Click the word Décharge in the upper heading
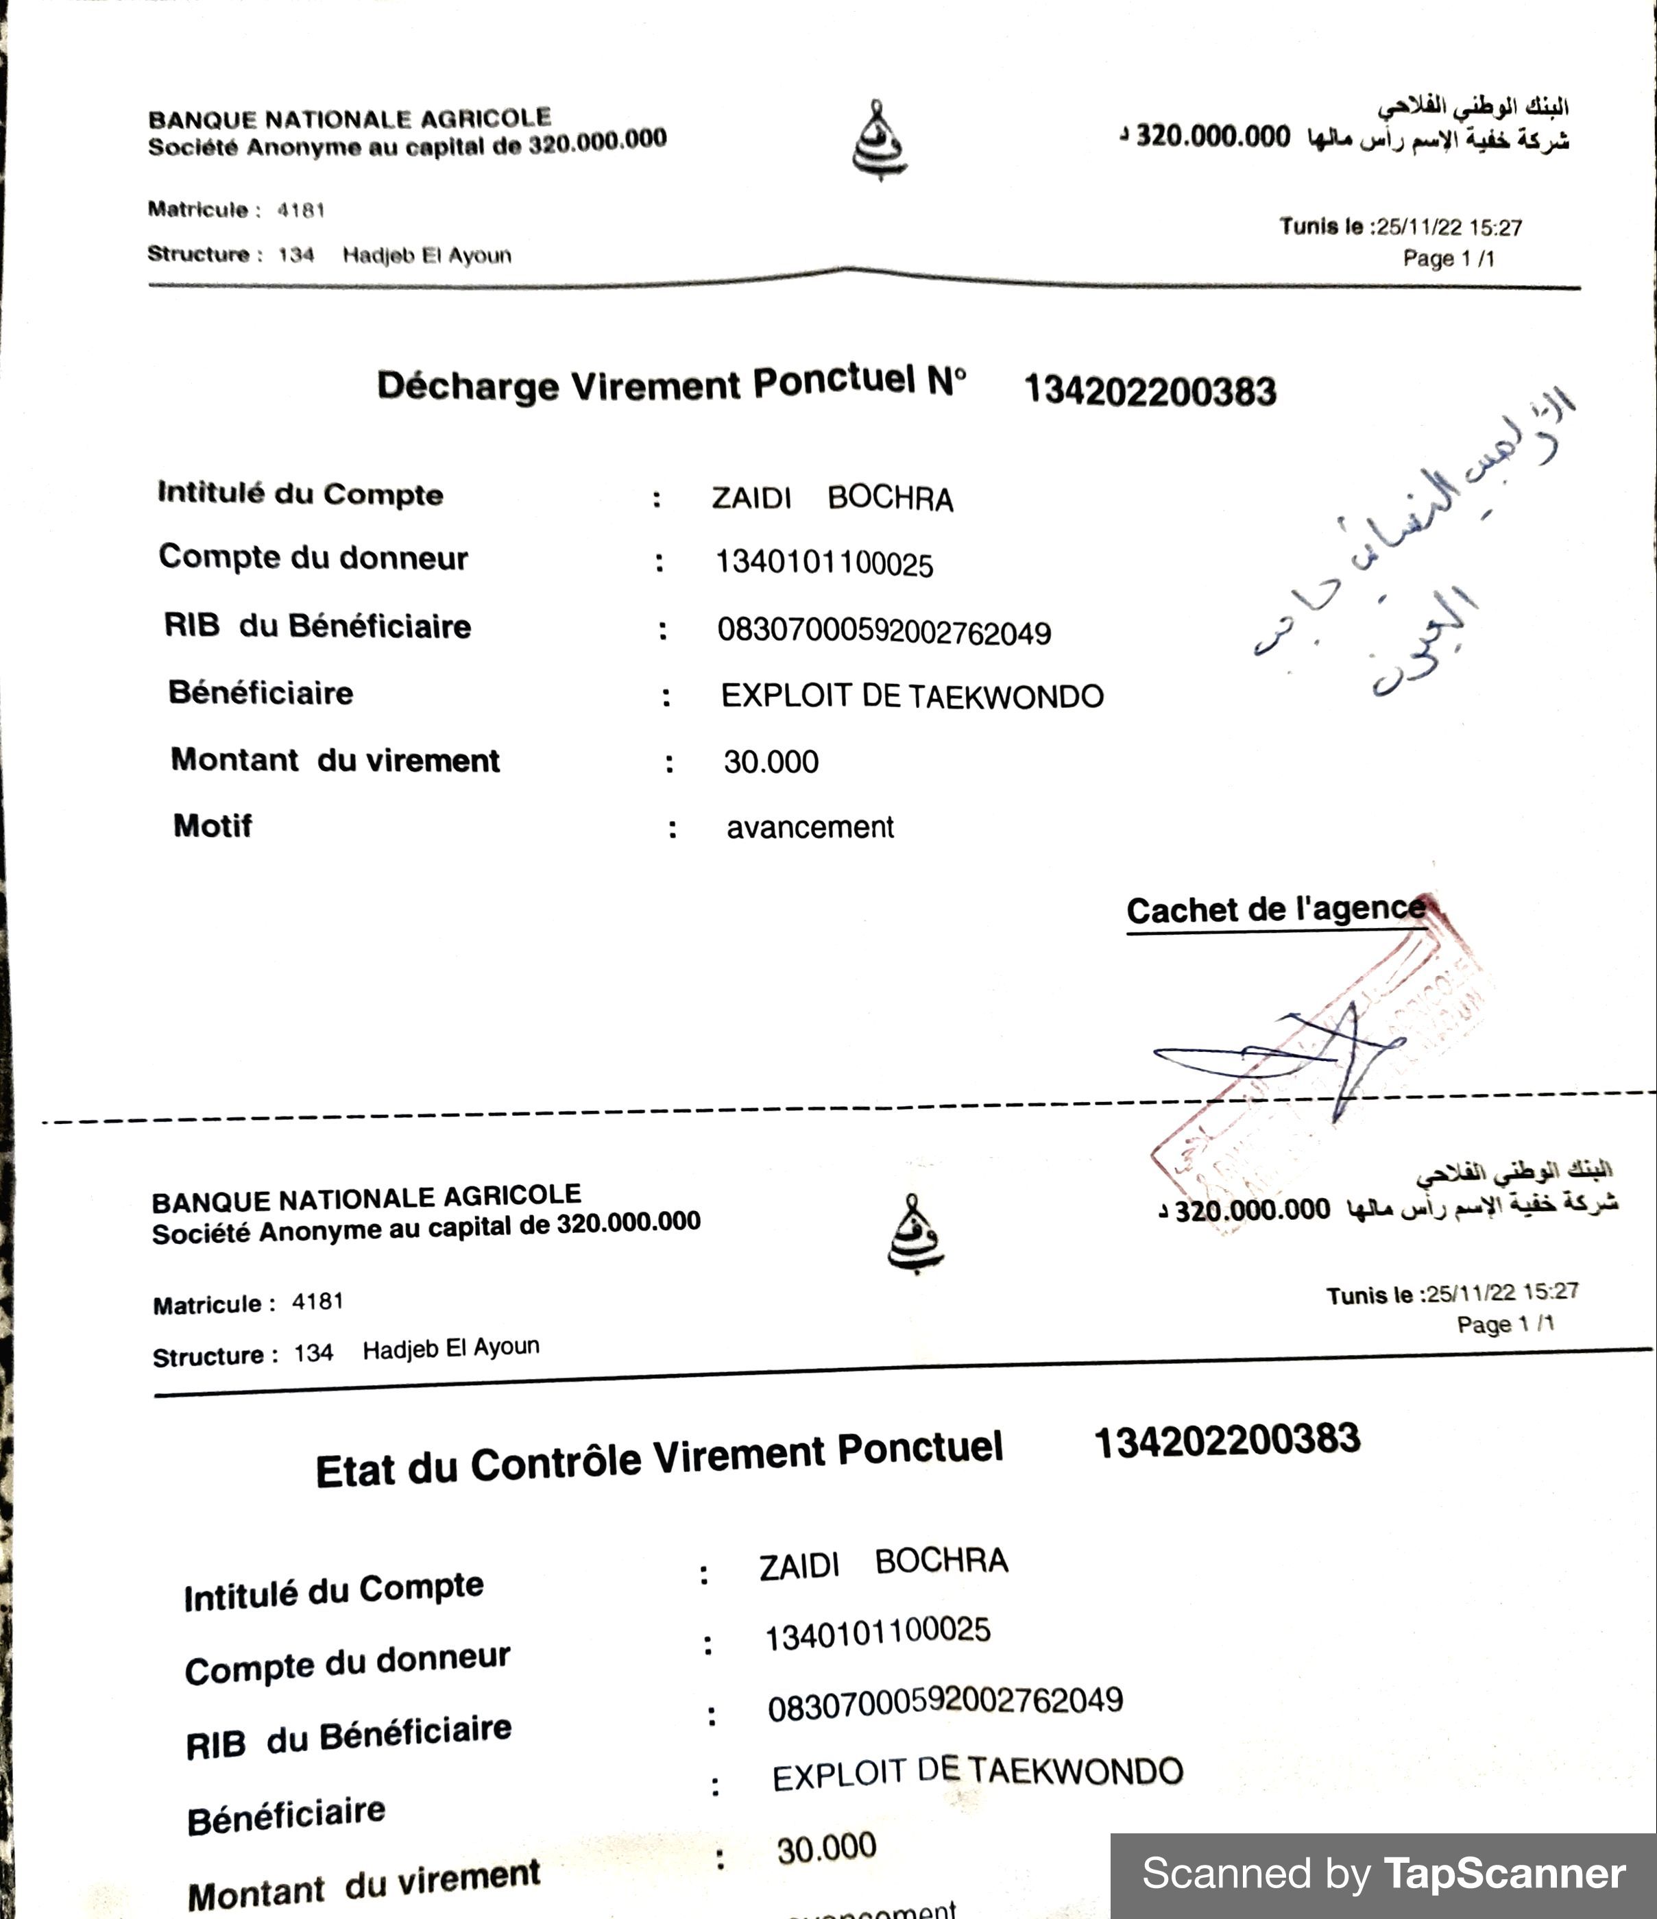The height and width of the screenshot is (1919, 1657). tap(467, 387)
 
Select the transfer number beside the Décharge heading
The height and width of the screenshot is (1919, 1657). tap(1150, 391)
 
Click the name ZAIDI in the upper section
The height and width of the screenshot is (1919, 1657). tap(751, 498)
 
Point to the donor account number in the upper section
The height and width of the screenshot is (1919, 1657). tap(824, 564)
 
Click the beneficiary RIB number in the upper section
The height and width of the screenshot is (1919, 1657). tap(884, 633)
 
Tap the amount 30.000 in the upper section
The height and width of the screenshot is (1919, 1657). tap(771, 762)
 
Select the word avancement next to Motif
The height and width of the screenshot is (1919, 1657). tap(810, 827)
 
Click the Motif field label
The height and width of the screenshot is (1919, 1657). tap(212, 825)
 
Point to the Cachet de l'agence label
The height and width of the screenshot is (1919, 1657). tap(1275, 909)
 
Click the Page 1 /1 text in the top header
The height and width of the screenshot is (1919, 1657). tap(1448, 258)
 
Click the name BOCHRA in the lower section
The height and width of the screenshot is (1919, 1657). tap(941, 1561)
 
